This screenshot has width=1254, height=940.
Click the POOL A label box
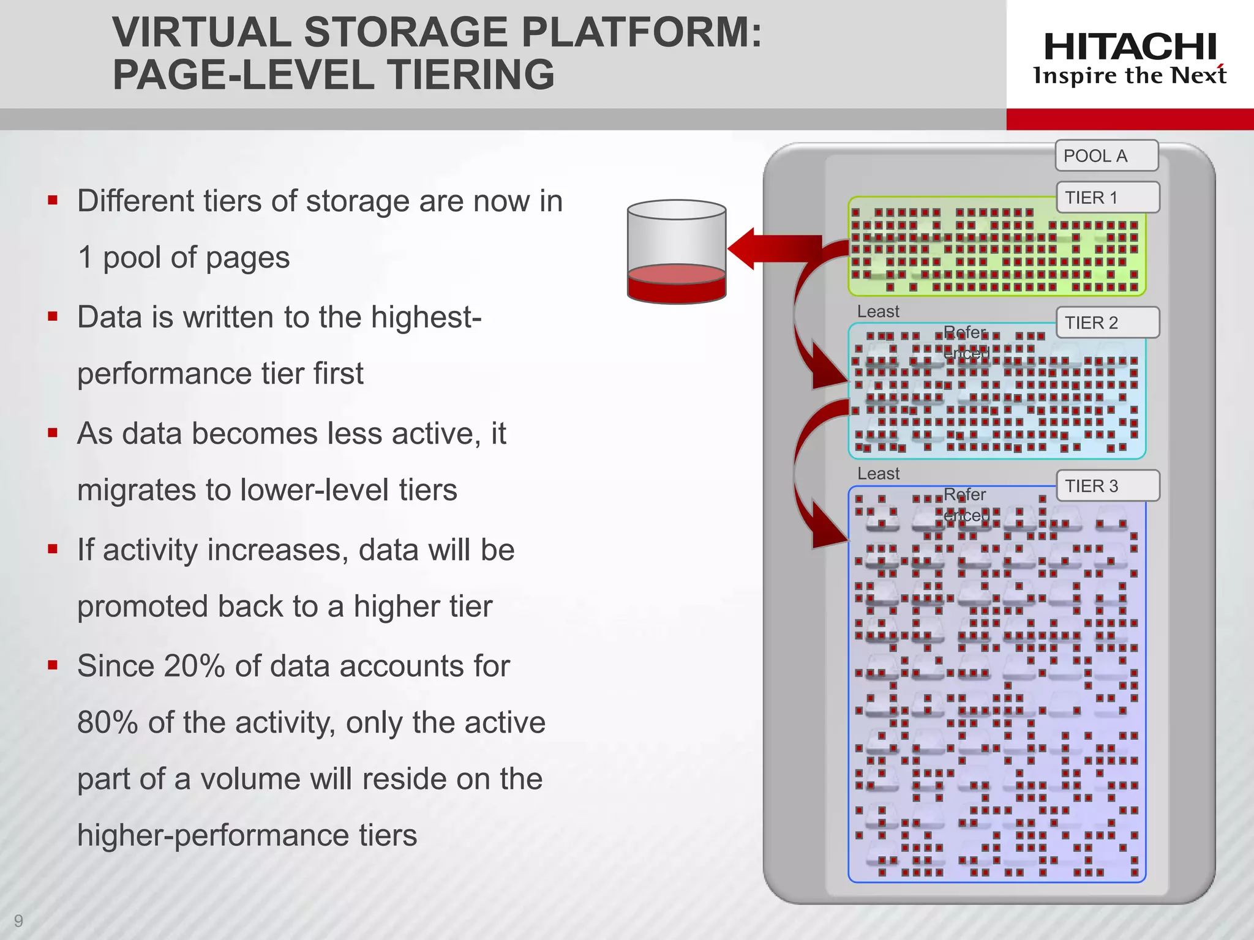click(x=1106, y=156)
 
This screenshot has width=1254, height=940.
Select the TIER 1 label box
click(x=1108, y=198)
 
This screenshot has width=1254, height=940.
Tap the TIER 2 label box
click(x=1108, y=323)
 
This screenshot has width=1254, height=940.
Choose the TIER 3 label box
click(x=1108, y=486)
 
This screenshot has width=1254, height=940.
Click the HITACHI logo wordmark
click(x=1130, y=47)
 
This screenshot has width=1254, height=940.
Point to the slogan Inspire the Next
click(x=1130, y=76)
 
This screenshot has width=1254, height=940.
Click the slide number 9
click(x=18, y=920)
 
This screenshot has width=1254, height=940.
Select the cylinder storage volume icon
click(x=677, y=252)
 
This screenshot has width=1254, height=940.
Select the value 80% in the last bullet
click(x=108, y=723)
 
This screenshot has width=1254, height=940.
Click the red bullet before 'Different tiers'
click(x=53, y=200)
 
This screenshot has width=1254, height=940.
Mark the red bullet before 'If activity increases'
click(x=53, y=549)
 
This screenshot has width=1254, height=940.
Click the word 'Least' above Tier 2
click(x=878, y=311)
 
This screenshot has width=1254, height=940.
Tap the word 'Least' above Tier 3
click(x=878, y=474)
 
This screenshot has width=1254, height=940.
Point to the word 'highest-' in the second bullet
click(x=426, y=317)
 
